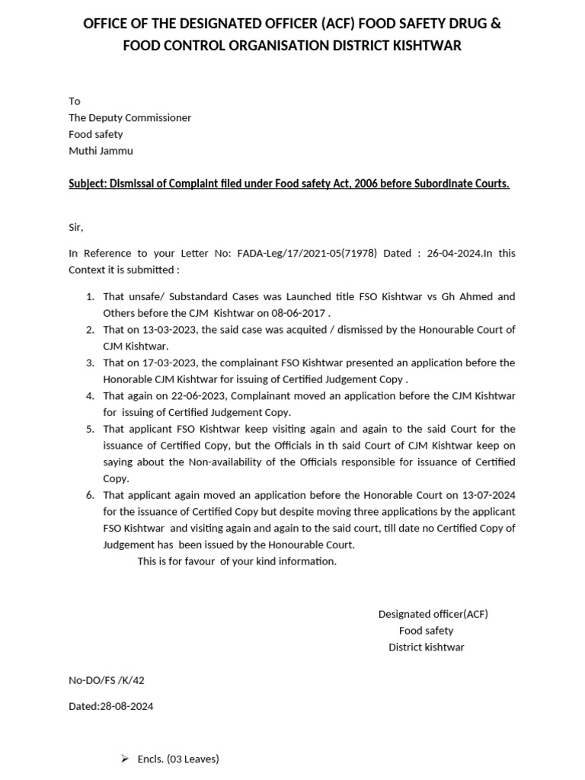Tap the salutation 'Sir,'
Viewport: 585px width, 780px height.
76,227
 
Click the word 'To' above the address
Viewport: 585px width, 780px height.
74,101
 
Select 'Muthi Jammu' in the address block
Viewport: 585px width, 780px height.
101,151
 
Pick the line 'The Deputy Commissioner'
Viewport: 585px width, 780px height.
129,117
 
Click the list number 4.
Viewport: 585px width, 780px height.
90,396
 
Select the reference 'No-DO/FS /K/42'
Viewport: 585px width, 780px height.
106,679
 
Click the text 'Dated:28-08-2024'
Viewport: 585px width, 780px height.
110,706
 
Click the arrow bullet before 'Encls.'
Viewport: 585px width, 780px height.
125,759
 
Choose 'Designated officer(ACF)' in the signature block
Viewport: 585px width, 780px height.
433,614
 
